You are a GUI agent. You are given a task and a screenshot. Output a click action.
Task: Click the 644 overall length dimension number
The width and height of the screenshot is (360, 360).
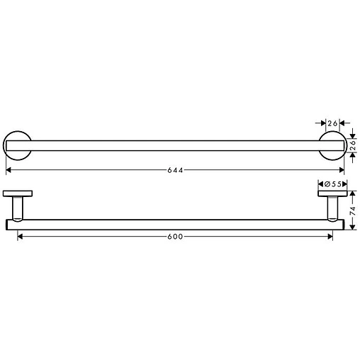(x=176, y=171)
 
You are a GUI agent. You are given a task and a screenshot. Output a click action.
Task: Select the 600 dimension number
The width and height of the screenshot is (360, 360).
(x=176, y=236)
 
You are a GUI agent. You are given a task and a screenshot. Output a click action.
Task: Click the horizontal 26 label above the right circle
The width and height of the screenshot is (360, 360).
(x=332, y=122)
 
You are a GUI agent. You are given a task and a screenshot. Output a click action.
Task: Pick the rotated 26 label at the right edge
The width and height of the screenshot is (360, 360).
(x=353, y=146)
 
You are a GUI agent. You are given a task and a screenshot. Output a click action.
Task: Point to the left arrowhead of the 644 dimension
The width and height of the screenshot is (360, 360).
(x=8, y=171)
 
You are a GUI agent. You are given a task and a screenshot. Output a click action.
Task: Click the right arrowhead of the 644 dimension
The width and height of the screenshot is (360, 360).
(x=342, y=171)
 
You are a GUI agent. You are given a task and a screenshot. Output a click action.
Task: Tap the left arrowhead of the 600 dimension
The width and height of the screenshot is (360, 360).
(x=20, y=236)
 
